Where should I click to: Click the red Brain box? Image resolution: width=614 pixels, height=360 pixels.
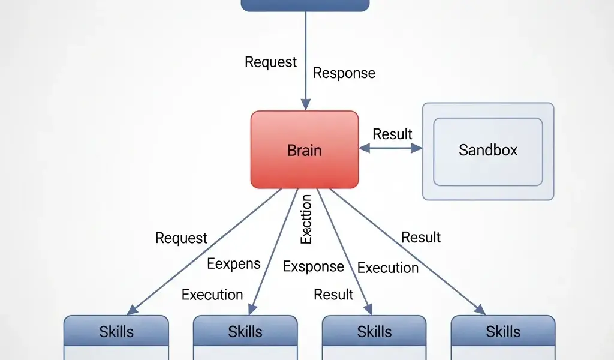[x=305, y=149]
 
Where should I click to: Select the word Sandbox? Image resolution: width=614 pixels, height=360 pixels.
[x=488, y=150]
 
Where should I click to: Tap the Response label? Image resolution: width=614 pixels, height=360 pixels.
[x=344, y=73]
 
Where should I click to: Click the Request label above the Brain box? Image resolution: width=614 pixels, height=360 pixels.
[x=271, y=62]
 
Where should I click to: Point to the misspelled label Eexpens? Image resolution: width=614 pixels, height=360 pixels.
[x=234, y=264]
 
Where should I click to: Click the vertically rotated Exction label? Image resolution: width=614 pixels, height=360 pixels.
[x=306, y=219]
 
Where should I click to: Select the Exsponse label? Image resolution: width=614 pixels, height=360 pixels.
[x=314, y=266]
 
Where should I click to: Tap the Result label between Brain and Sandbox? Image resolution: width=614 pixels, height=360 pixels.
[x=393, y=134]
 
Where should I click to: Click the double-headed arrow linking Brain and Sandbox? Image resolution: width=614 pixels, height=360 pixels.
[x=390, y=148]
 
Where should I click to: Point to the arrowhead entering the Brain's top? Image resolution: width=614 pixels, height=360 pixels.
[x=306, y=105]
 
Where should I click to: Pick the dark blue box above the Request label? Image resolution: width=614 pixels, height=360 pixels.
[x=305, y=5]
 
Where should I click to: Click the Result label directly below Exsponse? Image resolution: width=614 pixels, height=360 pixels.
[x=334, y=295]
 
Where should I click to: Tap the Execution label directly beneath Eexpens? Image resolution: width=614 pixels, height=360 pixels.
[x=212, y=295]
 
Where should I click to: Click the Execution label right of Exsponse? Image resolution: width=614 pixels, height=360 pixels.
[x=388, y=268]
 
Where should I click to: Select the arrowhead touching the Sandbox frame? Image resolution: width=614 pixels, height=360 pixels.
[x=418, y=148]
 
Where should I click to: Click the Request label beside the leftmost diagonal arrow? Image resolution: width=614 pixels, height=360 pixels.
[x=181, y=238]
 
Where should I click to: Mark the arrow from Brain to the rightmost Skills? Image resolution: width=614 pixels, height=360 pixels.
[x=408, y=252]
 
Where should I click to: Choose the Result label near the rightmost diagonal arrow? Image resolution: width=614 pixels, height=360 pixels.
[x=421, y=238]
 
